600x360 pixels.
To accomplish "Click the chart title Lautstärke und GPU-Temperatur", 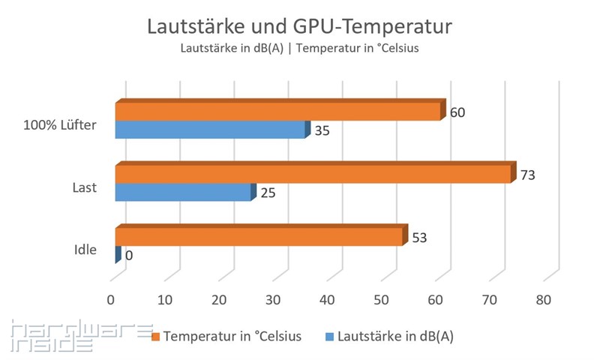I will (x=299, y=28).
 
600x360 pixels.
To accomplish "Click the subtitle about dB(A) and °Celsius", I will (x=299, y=49).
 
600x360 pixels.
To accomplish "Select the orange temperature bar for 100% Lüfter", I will (x=277, y=111).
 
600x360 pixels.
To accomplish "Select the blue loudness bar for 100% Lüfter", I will (x=210, y=130).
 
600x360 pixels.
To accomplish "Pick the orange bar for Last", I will (x=312, y=174).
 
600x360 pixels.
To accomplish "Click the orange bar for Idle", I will (x=259, y=236).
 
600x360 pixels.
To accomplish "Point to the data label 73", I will (x=528, y=175).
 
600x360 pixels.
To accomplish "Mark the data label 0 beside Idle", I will (x=129, y=256).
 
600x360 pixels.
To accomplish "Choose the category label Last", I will (x=85, y=187).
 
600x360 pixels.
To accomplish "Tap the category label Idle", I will (x=85, y=250).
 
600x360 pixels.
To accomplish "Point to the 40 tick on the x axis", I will (x=327, y=300).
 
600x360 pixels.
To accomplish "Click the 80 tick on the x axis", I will (x=543, y=300).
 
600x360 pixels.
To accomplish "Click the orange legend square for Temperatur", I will (x=156, y=337).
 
